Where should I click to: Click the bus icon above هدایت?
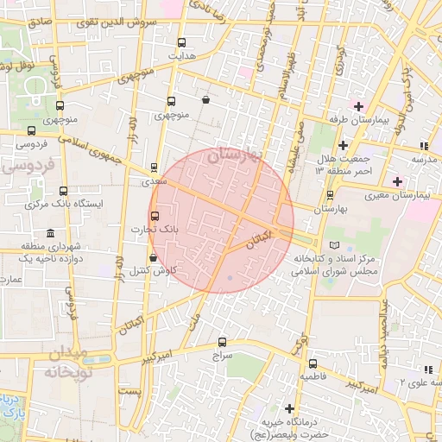[x=181, y=41]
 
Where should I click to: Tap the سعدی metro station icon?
[x=155, y=167]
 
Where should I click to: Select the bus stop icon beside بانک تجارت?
[x=155, y=216]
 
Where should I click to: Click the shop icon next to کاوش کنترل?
[x=153, y=257]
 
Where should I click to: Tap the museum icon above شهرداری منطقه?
[x=50, y=234]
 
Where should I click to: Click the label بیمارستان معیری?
[x=422, y=196]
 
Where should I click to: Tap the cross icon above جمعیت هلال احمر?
[x=343, y=144]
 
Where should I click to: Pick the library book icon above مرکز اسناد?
[x=334, y=246]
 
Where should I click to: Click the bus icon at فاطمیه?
[x=312, y=363]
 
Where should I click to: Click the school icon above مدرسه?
[x=423, y=145]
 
